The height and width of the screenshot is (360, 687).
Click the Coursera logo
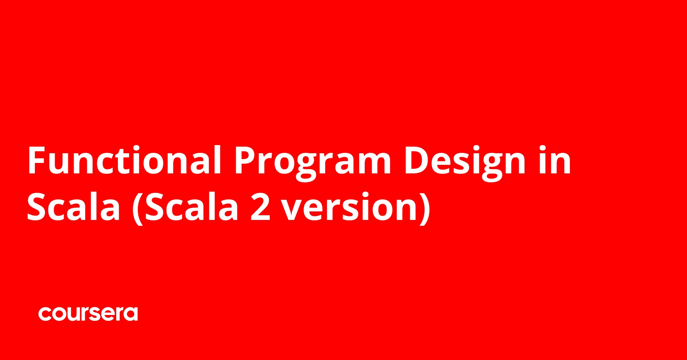[x=88, y=314]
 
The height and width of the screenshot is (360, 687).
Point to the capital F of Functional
[x=37, y=160]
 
